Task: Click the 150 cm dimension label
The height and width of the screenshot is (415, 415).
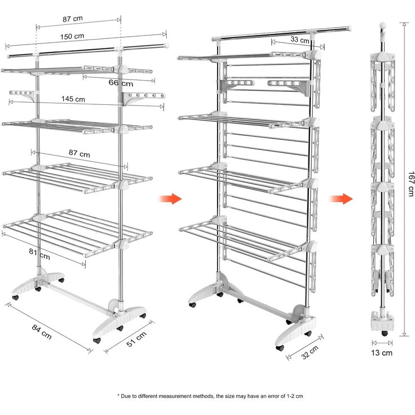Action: click(72, 36)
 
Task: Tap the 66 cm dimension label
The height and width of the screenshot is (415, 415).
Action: click(121, 83)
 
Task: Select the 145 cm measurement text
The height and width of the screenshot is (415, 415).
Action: click(73, 99)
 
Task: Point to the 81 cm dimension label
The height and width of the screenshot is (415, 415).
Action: click(39, 254)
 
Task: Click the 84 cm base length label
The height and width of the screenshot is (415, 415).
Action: click(42, 332)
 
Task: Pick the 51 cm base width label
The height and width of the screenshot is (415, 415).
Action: click(136, 339)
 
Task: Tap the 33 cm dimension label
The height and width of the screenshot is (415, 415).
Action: click(300, 39)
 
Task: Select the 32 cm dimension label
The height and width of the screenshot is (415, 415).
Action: click(310, 352)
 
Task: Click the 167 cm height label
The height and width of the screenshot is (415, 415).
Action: click(410, 184)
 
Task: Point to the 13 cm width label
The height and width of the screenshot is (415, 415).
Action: click(382, 353)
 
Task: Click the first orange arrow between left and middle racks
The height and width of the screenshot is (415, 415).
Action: click(170, 199)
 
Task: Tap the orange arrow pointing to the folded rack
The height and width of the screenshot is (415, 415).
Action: click(341, 199)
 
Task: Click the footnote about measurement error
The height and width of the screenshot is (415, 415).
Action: click(210, 396)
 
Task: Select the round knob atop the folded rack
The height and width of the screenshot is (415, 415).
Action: click(383, 26)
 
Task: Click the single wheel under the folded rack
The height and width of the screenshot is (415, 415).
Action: click(385, 333)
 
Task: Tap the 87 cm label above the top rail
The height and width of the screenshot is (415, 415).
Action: click(73, 19)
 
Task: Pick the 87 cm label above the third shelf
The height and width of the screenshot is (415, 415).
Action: click(79, 153)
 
